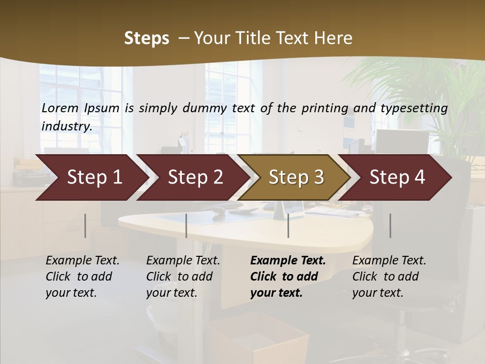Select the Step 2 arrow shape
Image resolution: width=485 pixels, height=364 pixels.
[195, 177]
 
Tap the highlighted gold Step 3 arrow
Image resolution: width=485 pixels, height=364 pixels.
[296, 177]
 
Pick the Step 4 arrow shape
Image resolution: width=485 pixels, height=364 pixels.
[397, 177]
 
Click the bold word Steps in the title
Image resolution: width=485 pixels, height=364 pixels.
[147, 38]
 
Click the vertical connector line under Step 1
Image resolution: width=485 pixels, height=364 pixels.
[85, 225]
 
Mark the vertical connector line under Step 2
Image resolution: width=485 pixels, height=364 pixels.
[186, 225]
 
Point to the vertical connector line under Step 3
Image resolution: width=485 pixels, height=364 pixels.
[288, 225]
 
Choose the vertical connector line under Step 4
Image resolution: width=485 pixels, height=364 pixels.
[390, 225]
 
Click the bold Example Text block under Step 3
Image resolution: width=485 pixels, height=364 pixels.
[287, 277]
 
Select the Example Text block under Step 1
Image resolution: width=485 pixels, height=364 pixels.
[82, 277]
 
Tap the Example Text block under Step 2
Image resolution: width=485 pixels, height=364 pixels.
[183, 277]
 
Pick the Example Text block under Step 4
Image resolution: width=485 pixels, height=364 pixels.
[389, 277]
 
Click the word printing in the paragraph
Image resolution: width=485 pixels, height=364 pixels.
[317, 108]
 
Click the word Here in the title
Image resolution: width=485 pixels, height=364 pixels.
[333, 38]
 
